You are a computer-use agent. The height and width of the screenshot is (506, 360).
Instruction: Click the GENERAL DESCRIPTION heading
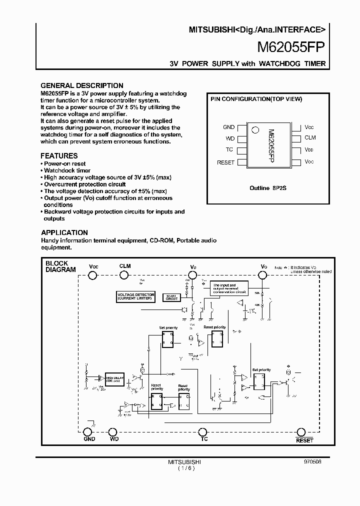tap(81, 85)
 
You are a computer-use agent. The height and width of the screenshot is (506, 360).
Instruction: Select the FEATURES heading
tap(59, 156)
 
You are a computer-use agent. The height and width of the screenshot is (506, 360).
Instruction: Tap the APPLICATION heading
tap(64, 232)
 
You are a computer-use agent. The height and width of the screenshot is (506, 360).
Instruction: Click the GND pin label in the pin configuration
tap(228, 127)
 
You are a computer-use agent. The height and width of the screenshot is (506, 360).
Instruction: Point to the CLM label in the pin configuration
tap(310, 137)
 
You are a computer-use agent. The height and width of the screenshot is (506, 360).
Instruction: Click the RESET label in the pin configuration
tap(225, 162)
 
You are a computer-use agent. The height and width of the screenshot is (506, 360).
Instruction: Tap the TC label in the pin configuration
tap(229, 150)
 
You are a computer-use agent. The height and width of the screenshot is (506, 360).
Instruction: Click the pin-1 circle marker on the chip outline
tap(255, 129)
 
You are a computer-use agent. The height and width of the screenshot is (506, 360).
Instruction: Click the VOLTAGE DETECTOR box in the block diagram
tap(136, 296)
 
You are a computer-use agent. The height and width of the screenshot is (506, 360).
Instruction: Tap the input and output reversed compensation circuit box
tap(228, 288)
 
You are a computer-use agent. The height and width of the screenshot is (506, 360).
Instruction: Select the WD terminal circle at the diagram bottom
tap(113, 432)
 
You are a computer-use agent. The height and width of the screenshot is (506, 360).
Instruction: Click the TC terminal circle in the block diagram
tap(203, 432)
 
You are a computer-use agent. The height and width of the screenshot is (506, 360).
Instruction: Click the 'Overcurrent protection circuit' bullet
tap(78, 184)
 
